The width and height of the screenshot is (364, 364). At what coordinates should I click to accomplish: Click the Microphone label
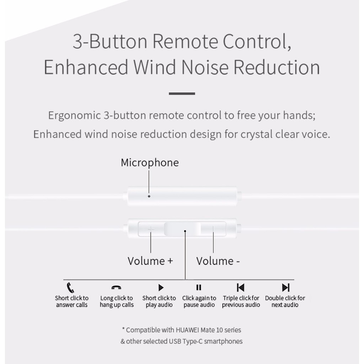(150, 162)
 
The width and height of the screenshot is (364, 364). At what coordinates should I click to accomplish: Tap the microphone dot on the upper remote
(149, 196)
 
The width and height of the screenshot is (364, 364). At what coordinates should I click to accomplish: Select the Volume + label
(150, 261)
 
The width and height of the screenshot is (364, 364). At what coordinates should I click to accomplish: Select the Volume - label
(218, 261)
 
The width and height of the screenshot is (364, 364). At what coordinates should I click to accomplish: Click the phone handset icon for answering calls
(70, 288)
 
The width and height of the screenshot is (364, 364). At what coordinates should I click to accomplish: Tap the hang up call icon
(116, 287)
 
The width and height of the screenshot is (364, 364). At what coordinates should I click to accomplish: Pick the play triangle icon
(161, 288)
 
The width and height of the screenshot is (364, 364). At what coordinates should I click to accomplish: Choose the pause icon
(199, 287)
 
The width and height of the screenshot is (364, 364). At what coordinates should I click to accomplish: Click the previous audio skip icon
(241, 288)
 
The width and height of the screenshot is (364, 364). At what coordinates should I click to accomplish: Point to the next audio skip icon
(286, 288)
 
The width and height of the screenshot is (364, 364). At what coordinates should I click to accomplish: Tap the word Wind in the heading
(154, 67)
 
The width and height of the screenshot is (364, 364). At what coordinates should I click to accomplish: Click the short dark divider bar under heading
(182, 93)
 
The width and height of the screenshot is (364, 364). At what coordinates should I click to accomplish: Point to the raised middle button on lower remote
(182, 229)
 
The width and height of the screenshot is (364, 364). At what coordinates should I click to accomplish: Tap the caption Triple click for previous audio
(241, 301)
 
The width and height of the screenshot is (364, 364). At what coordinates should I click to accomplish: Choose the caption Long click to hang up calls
(117, 301)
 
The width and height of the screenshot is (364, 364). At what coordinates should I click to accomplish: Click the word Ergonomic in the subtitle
(75, 116)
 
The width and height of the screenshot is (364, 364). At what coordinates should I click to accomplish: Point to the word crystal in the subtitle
(257, 134)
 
